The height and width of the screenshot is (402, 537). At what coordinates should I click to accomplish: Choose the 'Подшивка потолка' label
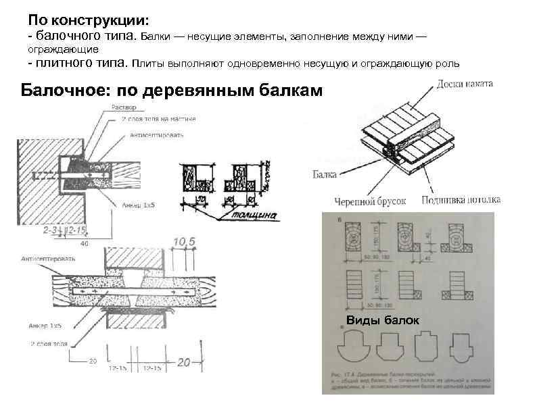pyautogui.click(x=460, y=200)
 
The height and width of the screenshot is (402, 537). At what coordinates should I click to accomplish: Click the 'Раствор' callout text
pyautogui.click(x=125, y=107)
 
